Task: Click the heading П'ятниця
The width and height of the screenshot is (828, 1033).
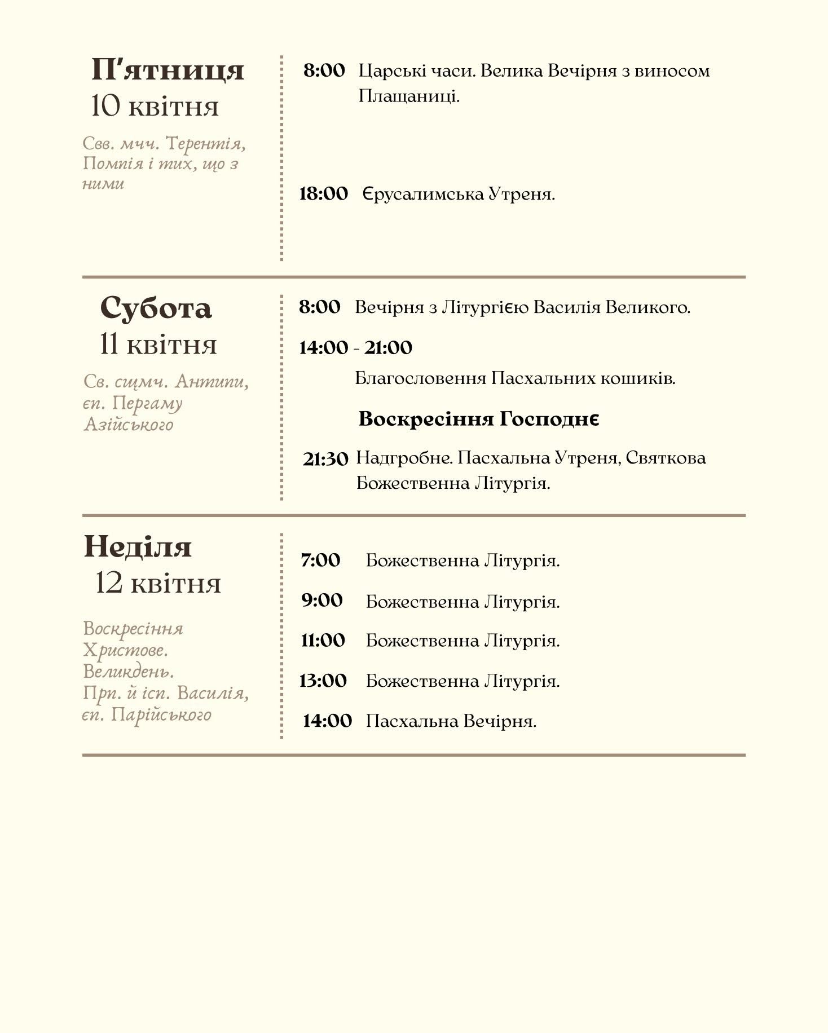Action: click(x=168, y=70)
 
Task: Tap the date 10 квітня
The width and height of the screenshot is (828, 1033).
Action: click(x=155, y=107)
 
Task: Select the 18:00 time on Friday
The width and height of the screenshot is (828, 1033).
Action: click(x=323, y=194)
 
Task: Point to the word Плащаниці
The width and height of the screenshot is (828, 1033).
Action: click(x=409, y=96)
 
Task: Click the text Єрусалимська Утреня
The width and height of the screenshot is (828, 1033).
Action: click(x=459, y=195)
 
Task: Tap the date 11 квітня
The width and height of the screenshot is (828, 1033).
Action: click(x=158, y=345)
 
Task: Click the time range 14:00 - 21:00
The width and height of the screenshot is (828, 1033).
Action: click(x=355, y=347)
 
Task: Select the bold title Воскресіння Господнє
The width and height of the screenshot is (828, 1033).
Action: click(x=478, y=419)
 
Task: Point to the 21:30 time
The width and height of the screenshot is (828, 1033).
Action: click(x=325, y=459)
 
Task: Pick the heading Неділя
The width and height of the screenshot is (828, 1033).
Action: click(x=138, y=547)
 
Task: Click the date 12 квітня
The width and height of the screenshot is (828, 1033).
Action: click(x=158, y=583)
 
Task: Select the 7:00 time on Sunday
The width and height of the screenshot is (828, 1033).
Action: click(x=320, y=560)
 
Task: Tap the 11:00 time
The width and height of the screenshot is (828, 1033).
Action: click(x=323, y=641)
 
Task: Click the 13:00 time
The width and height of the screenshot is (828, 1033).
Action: click(x=323, y=681)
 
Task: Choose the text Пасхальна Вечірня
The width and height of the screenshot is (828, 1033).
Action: click(x=451, y=721)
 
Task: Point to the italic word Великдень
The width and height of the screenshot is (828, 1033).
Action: click(x=129, y=672)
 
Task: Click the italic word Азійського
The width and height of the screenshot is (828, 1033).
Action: click(x=129, y=424)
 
